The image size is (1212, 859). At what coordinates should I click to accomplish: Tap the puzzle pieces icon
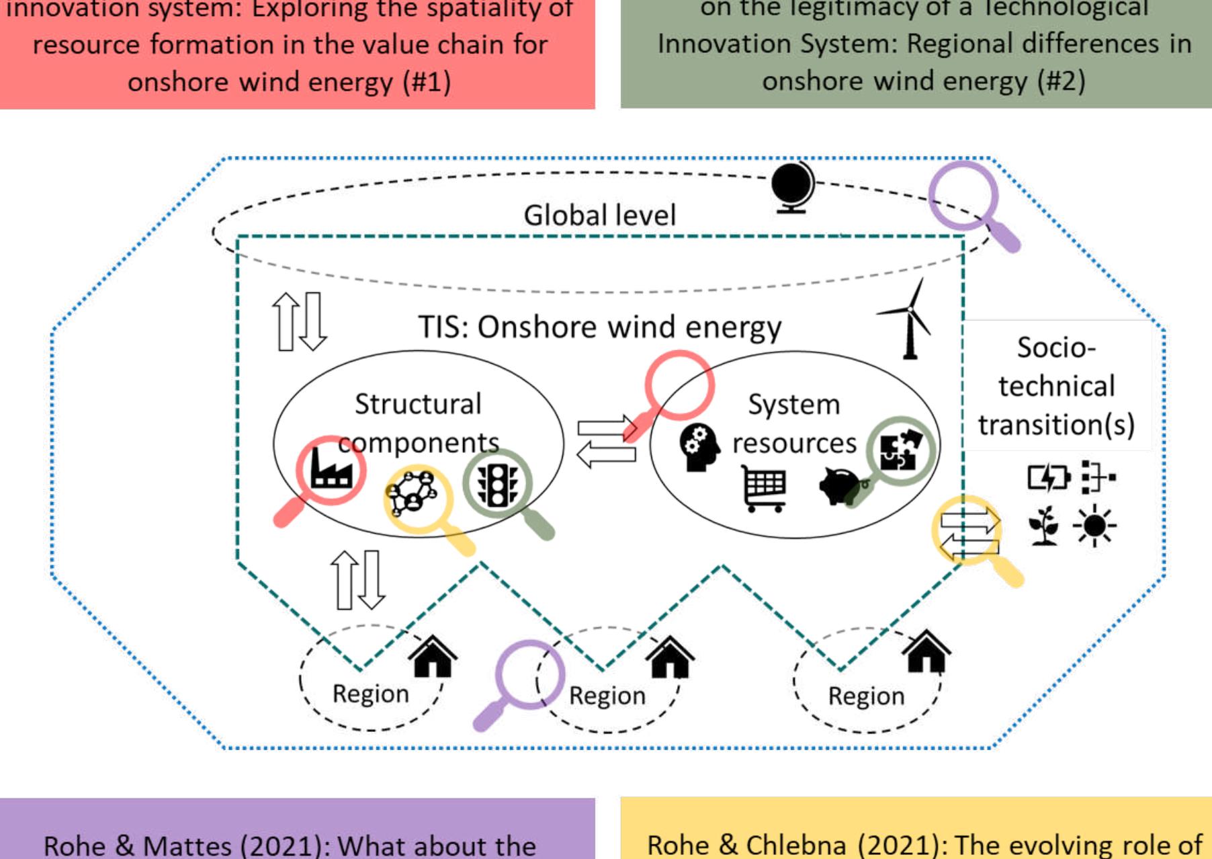[900, 449]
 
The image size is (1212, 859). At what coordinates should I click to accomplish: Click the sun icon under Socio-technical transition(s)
[1094, 525]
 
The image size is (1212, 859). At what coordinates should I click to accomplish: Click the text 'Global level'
[599, 216]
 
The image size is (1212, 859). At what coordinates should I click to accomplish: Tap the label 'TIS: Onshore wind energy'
[599, 327]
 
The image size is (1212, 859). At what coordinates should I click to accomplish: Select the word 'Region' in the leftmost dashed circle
[370, 694]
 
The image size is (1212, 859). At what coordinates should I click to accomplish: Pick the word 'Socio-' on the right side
[1055, 348]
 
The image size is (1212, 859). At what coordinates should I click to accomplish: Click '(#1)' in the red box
[427, 82]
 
